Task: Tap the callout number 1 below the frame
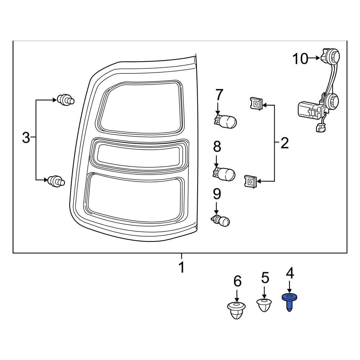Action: tap(181, 267)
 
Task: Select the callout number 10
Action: tap(300, 59)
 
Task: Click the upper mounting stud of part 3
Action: tap(65, 100)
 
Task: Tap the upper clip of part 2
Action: tap(255, 104)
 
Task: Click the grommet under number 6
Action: tap(237, 311)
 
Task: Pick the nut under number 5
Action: tap(264, 305)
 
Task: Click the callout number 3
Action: tap(26, 138)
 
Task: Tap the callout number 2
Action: tap(284, 143)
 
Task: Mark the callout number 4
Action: tap(290, 273)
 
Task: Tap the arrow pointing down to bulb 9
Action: tap(216, 208)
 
